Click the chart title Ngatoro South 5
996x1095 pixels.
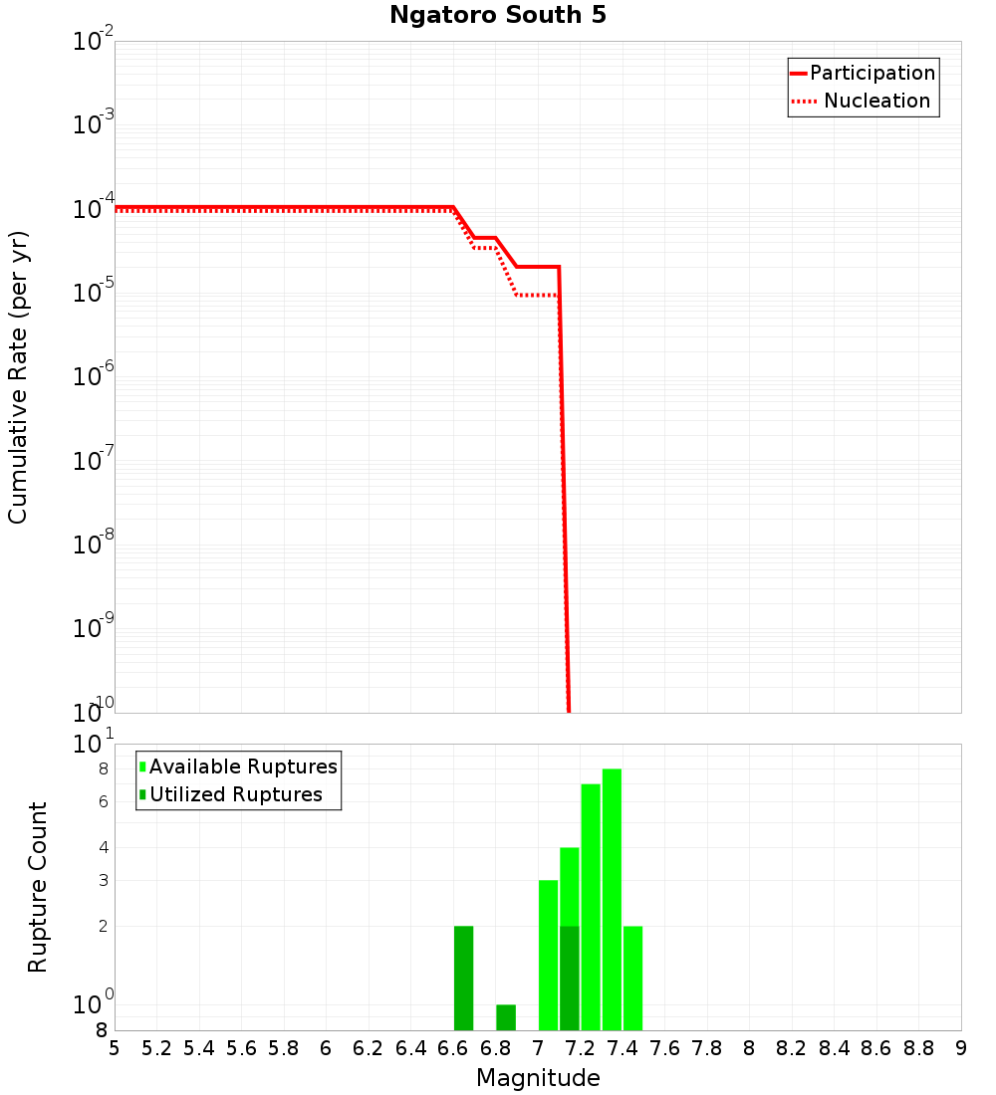pyautogui.click(x=497, y=16)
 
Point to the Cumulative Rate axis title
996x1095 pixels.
pyautogui.click(x=18, y=376)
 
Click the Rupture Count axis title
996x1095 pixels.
pyautogui.click(x=38, y=887)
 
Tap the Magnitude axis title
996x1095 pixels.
pyautogui.click(x=538, y=1078)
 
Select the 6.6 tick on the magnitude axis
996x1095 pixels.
pyautogui.click(x=453, y=1048)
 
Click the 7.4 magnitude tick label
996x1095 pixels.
pyautogui.click(x=622, y=1048)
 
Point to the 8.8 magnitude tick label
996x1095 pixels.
pyautogui.click(x=918, y=1048)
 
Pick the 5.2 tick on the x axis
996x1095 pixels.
pyautogui.click(x=157, y=1048)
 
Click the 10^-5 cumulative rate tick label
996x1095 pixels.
pyautogui.click(x=94, y=293)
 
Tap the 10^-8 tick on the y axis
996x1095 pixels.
pyautogui.click(x=94, y=544)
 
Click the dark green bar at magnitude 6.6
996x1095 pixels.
pyautogui.click(x=463, y=978)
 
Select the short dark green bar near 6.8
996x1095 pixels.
pyautogui.click(x=506, y=1017)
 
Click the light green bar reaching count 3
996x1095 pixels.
pyautogui.click(x=548, y=955)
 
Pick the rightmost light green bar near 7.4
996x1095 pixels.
pyautogui.click(x=632, y=978)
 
